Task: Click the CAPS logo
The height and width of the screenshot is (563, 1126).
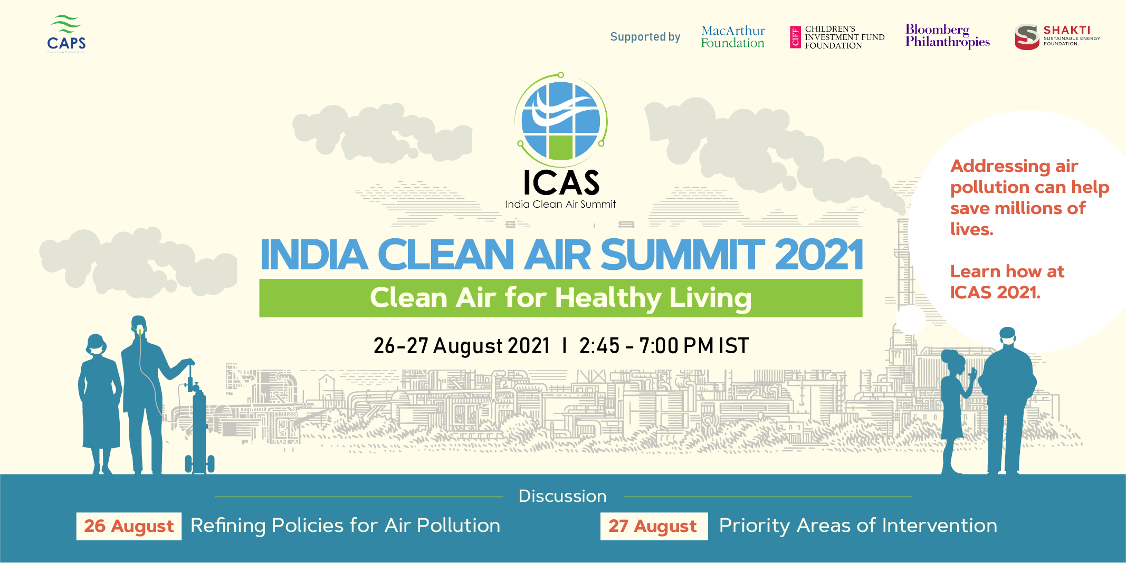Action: tap(66, 34)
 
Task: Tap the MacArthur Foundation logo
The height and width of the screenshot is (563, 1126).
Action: tap(733, 37)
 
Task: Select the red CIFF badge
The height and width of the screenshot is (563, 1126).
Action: tap(795, 37)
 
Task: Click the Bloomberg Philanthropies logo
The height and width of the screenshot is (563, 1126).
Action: tap(948, 36)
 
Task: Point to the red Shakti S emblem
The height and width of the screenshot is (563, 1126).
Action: tap(1027, 37)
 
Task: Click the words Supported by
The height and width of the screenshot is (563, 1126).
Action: tap(645, 37)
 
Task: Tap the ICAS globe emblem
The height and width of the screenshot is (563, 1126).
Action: tap(561, 120)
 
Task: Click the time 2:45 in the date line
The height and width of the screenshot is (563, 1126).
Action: tap(599, 346)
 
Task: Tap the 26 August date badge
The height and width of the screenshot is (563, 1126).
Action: tap(129, 526)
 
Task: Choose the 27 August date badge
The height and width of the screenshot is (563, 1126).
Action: tap(654, 526)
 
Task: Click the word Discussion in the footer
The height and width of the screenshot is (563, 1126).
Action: tap(562, 496)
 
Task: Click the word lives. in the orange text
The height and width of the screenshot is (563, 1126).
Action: tap(972, 229)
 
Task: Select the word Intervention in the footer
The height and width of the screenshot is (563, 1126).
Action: tap(939, 526)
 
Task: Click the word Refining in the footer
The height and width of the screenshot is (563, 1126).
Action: tap(228, 526)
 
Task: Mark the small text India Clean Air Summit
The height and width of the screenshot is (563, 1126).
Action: tap(560, 204)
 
